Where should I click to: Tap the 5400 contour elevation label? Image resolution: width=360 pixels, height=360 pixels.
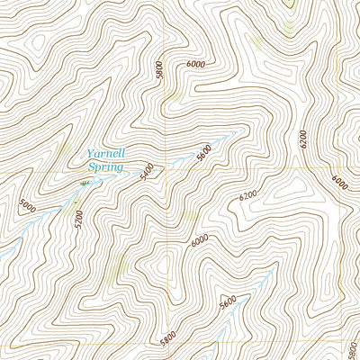(148, 172)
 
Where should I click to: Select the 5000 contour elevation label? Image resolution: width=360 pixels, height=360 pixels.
(28, 207)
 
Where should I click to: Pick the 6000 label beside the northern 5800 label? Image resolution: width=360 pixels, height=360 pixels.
(196, 64)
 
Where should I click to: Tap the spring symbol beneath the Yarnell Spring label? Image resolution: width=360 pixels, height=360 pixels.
(86, 182)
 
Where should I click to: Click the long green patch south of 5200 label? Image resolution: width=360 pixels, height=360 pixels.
(118, 265)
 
